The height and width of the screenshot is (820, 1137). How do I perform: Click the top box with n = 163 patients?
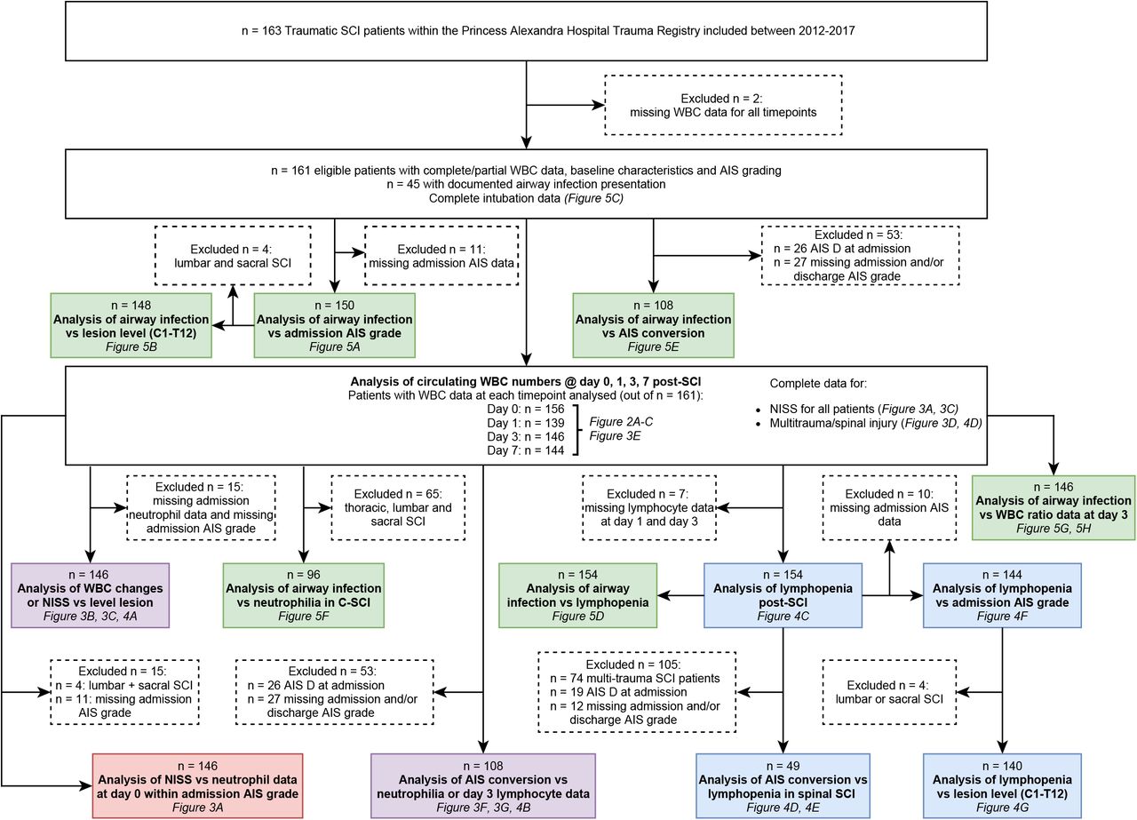click(x=526, y=31)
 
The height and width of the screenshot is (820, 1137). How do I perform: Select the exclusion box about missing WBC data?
click(x=723, y=105)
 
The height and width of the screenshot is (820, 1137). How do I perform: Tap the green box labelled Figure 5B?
click(x=131, y=325)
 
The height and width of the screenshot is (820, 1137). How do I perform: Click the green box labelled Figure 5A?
click(x=335, y=325)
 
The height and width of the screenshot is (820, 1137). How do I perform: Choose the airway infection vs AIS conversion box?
click(x=653, y=325)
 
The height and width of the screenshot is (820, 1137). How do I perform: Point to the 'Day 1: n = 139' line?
click(x=525, y=423)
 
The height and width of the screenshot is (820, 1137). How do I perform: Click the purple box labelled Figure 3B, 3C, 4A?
click(x=90, y=595)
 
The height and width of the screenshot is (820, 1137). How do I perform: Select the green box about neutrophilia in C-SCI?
click(x=304, y=595)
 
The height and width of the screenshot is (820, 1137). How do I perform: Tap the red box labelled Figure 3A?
click(x=197, y=786)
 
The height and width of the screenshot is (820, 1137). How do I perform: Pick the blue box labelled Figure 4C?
click(x=783, y=595)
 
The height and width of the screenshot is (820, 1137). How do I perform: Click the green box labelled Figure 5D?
click(x=577, y=595)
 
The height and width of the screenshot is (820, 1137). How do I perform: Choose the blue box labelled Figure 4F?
click(x=1002, y=595)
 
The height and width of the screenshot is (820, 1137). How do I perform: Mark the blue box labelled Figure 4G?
click(x=1002, y=786)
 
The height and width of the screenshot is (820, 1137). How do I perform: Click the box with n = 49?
click(x=783, y=786)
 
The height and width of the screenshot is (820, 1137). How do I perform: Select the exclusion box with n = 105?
click(x=637, y=692)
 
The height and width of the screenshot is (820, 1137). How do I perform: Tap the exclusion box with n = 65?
click(x=398, y=508)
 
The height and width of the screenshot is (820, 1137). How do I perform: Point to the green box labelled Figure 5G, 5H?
click(x=1054, y=507)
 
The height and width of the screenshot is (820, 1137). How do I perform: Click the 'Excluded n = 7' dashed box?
click(x=649, y=508)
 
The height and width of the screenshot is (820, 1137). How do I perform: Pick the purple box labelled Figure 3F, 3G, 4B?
click(x=483, y=786)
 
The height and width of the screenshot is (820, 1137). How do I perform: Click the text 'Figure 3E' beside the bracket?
click(x=615, y=435)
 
